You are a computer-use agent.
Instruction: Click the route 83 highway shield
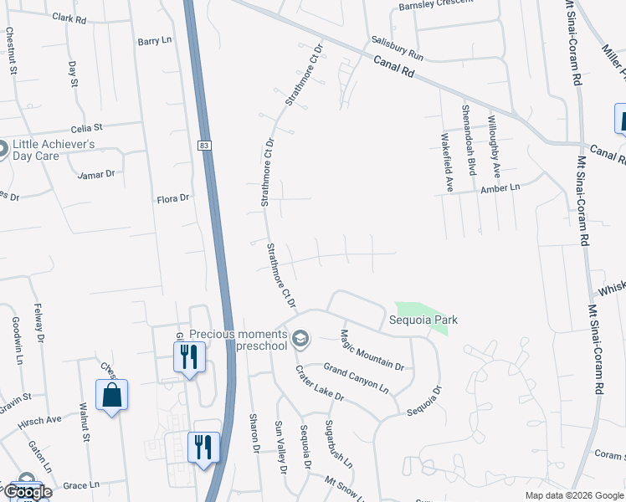(204, 146)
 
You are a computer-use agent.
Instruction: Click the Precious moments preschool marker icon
(301, 338)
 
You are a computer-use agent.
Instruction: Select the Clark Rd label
(69, 17)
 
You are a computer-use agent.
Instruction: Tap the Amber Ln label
(500, 188)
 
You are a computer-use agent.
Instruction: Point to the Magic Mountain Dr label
(372, 350)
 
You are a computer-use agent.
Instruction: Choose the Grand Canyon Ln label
(356, 379)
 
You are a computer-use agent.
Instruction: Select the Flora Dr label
(174, 199)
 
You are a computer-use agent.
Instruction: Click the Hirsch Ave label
(42, 419)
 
